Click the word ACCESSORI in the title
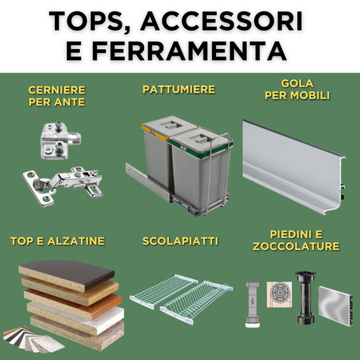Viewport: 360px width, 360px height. point(221,21)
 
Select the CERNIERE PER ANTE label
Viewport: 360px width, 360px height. point(57,96)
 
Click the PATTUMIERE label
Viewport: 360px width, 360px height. point(179,89)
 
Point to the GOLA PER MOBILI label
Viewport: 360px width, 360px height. point(297,90)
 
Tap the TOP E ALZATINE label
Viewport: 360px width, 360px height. point(58,241)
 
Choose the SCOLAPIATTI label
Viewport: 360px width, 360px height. point(180,241)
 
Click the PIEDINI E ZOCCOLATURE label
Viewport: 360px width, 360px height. point(296,240)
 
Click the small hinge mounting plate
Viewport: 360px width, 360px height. point(60,141)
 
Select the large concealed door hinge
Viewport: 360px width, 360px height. point(62,186)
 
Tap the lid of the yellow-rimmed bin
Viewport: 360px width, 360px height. point(170,126)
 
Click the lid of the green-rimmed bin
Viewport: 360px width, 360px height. point(202,140)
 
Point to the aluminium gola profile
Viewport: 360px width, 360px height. point(294,167)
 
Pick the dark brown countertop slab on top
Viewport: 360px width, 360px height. point(67,276)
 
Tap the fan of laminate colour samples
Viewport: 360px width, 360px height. point(32,339)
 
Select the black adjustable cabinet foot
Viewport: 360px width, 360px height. point(306,298)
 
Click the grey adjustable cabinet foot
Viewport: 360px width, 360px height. point(252,304)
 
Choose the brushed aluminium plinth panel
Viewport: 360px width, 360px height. point(335,306)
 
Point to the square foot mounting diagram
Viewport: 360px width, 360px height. point(279,295)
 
